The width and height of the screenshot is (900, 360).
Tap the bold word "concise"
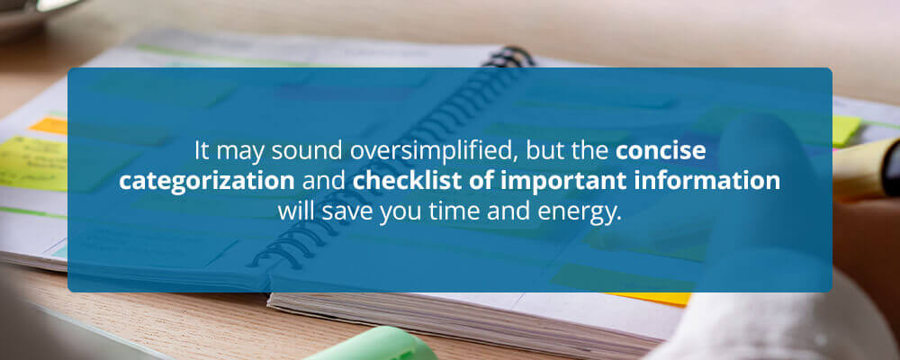pyautogui.click(x=660, y=151)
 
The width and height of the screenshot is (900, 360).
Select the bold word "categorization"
pyautogui.click(x=207, y=181)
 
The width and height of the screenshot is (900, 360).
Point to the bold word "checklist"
pyautogui.click(x=399, y=180)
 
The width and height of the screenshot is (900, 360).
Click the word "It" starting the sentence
pyautogui.click(x=201, y=151)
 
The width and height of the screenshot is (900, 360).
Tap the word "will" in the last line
pyautogui.click(x=297, y=210)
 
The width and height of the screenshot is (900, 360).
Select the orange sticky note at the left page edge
pyautogui.click(x=49, y=126)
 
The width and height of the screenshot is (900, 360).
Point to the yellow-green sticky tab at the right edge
pyautogui.click(x=847, y=130)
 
